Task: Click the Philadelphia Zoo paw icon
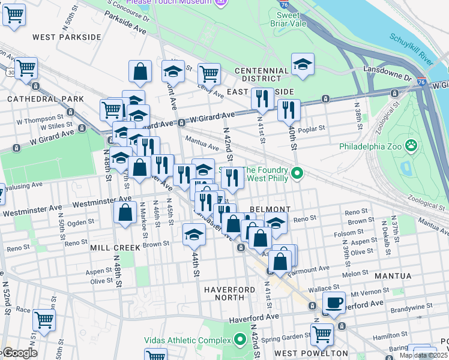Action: point(411,145)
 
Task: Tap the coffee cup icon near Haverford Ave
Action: point(334,302)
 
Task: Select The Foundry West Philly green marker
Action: point(296,175)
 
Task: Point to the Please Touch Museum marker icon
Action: point(221,3)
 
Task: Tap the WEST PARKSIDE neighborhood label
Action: point(67,37)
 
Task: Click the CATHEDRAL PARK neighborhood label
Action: point(37,98)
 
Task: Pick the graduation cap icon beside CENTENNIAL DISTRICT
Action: point(303,65)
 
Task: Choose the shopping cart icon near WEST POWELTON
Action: point(322,334)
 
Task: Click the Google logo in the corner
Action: point(19,353)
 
